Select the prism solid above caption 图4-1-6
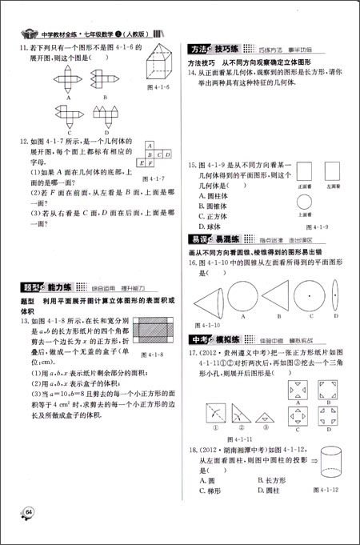click(x=156, y=64)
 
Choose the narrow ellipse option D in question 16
click(x=335, y=299)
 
